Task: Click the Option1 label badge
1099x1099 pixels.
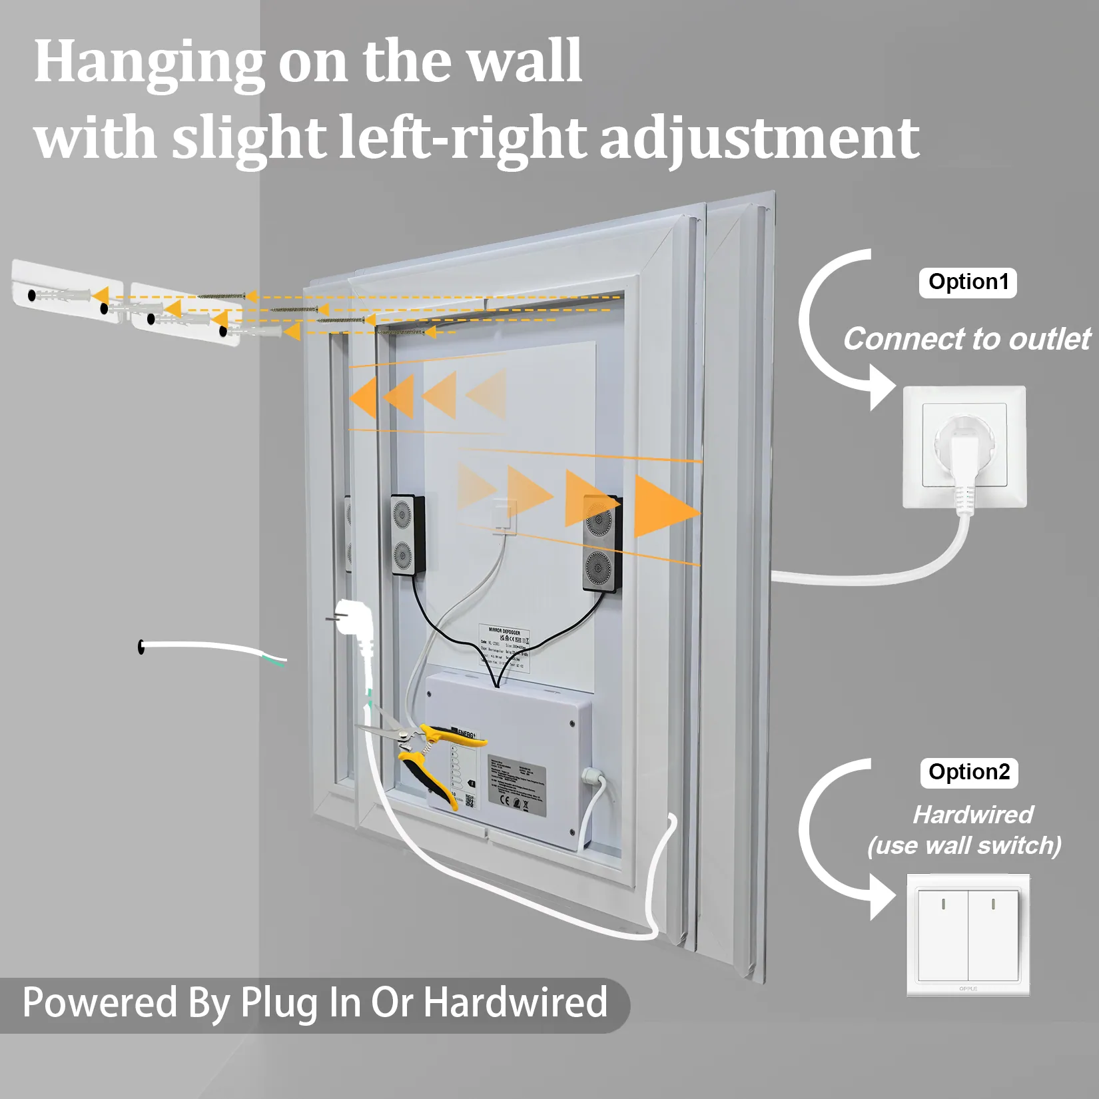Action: (x=968, y=282)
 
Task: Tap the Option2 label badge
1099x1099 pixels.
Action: (x=969, y=773)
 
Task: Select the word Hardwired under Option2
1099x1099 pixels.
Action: (x=973, y=815)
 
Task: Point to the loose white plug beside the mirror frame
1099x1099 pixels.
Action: (x=354, y=623)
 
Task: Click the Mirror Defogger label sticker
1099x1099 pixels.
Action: (x=504, y=647)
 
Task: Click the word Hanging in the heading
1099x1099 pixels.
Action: (x=149, y=63)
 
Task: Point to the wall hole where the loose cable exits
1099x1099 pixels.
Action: (x=141, y=646)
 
